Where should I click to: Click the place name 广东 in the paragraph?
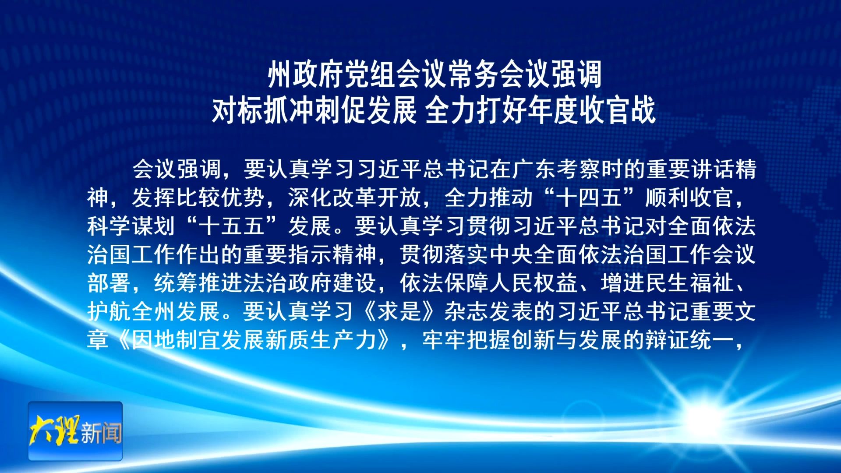click(534, 169)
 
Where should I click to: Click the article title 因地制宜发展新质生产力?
click(254, 340)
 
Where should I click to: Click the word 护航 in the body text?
click(109, 312)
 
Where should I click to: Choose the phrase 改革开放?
click(377, 198)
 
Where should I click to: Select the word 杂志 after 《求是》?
click(467, 312)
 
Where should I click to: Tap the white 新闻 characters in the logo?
click(101, 433)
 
